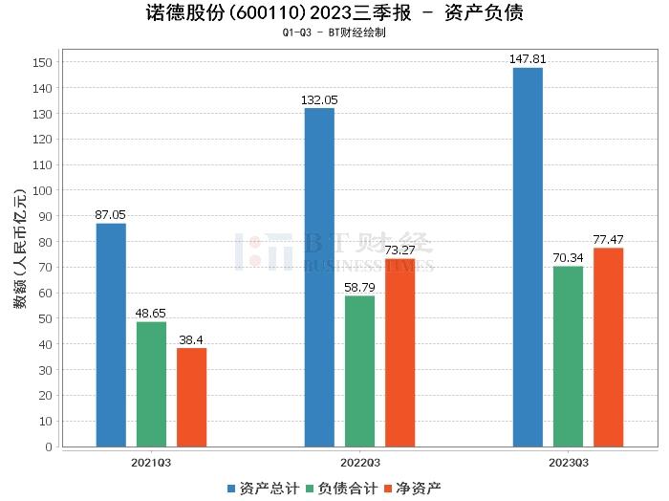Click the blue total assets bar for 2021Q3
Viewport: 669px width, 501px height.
[111, 335]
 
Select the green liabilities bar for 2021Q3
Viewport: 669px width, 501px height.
[151, 383]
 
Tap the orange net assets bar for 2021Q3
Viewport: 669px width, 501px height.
[191, 397]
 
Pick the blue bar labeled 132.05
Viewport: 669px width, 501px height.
[319, 277]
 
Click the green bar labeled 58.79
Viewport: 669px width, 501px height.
[359, 371]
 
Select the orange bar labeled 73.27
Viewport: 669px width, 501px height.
[399, 353]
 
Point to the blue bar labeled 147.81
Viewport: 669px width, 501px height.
[528, 257]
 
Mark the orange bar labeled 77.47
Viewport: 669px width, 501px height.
[608, 347]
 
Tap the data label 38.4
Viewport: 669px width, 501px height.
[191, 340]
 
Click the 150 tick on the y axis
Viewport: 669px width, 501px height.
[45, 62]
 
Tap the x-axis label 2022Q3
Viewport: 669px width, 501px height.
[359, 463]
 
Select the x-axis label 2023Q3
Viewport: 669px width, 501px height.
[568, 463]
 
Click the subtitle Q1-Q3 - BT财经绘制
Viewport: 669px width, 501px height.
[334, 33]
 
